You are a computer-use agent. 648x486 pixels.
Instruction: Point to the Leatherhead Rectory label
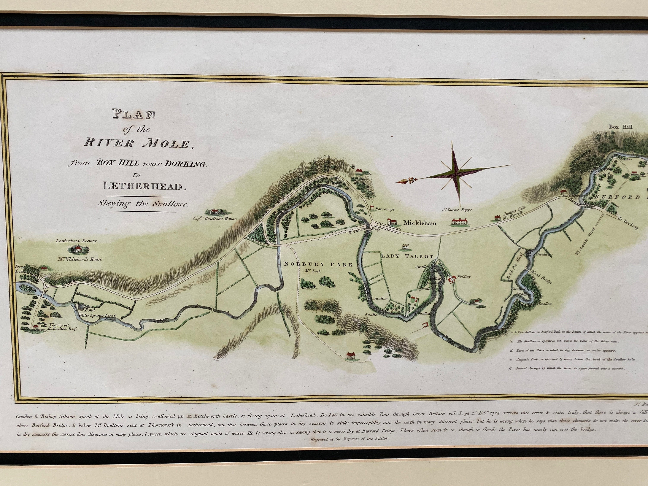[x=76, y=241]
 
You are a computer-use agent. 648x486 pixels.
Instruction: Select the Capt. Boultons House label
[x=214, y=218]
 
